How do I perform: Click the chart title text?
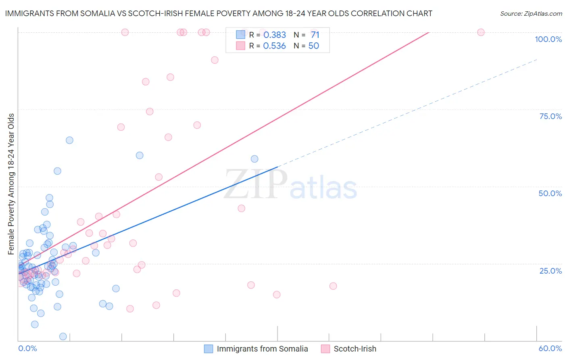point(218,13)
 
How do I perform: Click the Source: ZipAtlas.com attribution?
point(531,13)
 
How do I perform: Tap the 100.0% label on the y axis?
point(548,39)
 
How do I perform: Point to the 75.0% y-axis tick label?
point(550,116)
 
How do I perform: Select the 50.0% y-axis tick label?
point(550,193)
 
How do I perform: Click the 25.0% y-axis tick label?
point(550,271)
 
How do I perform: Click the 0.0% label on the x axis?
point(27,348)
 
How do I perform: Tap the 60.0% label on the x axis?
point(550,348)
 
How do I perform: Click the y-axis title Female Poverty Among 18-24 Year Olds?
point(11,184)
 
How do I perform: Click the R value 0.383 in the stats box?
point(274,35)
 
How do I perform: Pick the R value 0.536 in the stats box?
point(274,46)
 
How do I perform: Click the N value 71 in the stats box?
point(315,35)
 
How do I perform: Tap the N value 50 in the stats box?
point(313,46)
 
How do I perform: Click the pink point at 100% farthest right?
point(481,32)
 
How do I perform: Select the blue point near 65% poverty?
point(69,140)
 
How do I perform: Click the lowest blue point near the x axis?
point(63,337)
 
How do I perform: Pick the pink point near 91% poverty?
point(215,60)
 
